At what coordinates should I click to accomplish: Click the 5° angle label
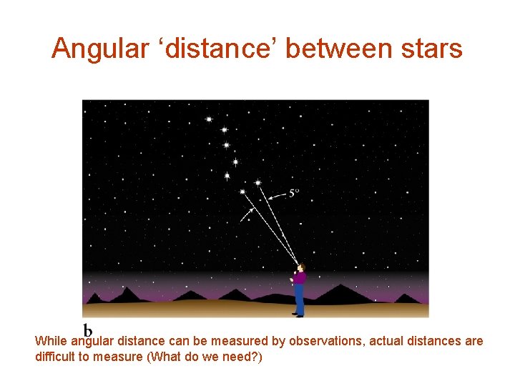tap(294, 192)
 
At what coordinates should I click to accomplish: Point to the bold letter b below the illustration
tap(88, 330)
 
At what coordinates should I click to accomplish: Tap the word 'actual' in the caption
tap(384, 342)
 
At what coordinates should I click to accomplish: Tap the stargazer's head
tap(301, 269)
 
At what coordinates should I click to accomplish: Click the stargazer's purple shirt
tap(299, 279)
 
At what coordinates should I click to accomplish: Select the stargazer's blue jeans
tap(299, 299)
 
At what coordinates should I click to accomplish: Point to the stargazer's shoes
tap(298, 314)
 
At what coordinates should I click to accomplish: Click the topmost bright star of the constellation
tap(209, 119)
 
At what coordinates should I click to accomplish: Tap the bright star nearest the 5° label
tap(257, 183)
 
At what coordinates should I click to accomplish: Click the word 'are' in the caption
tap(474, 342)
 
